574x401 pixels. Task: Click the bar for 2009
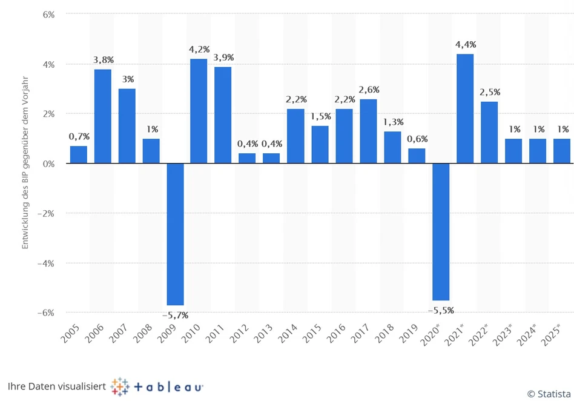175,234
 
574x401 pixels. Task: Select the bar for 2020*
441,232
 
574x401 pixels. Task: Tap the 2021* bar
465,109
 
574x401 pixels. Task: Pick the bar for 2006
102,116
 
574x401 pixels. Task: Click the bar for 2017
368,131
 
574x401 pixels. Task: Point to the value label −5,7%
175,315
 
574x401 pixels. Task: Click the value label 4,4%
465,44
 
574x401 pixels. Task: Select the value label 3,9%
223,57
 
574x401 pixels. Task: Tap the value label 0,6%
417,139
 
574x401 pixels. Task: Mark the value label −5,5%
441,310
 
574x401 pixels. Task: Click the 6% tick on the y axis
48,14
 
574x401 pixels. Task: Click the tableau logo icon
120,386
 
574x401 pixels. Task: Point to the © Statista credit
548,394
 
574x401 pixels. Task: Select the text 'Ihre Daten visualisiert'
56,386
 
